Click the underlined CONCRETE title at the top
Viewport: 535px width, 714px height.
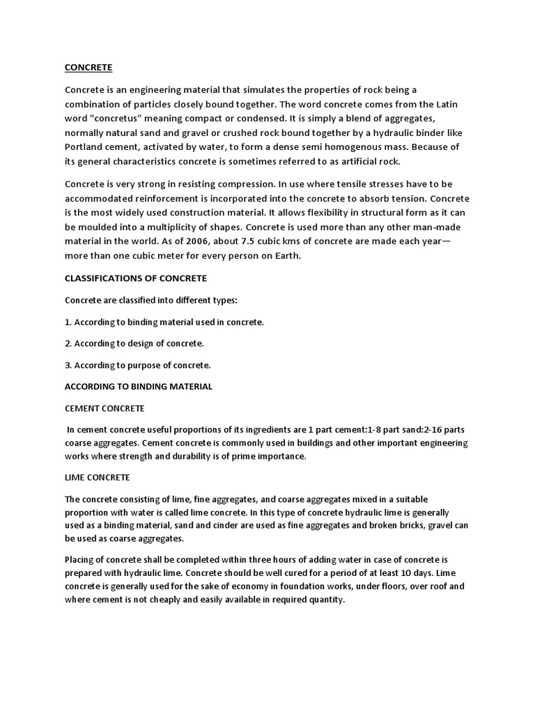coord(88,68)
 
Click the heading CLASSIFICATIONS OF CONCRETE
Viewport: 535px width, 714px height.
coord(136,278)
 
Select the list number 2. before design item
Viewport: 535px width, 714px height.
coord(68,344)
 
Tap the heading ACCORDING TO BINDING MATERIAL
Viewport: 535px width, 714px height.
coord(139,386)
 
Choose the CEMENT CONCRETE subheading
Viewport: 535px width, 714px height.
coord(104,408)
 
